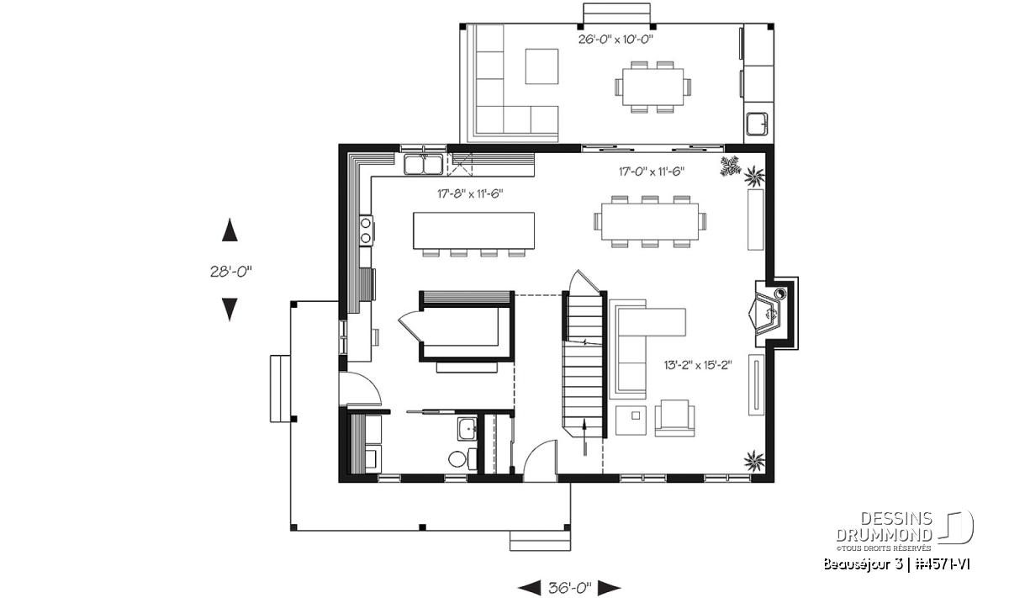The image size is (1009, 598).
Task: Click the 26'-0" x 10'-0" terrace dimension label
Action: coord(615,40)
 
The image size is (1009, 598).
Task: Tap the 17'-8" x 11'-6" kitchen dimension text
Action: coord(470,193)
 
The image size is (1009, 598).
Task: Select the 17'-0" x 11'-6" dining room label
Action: coord(652,172)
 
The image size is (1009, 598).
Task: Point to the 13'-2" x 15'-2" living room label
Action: coord(698,365)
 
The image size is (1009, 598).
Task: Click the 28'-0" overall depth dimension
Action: coord(230,272)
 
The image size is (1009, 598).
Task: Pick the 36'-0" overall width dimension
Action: coord(569,588)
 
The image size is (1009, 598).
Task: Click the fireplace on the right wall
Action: coord(771,313)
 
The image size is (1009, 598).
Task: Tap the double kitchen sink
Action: coord(423,165)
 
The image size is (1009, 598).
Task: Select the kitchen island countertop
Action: coord(474,230)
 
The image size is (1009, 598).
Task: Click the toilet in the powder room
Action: coord(462,458)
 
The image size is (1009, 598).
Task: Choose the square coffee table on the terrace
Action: coord(541,66)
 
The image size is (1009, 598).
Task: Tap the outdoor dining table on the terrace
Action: coord(652,87)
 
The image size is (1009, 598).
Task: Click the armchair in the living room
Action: coord(674,418)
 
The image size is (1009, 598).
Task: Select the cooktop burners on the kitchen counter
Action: coord(366,230)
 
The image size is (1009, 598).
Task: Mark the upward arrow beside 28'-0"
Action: coord(230,230)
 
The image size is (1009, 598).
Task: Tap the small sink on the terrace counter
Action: coord(757,124)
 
